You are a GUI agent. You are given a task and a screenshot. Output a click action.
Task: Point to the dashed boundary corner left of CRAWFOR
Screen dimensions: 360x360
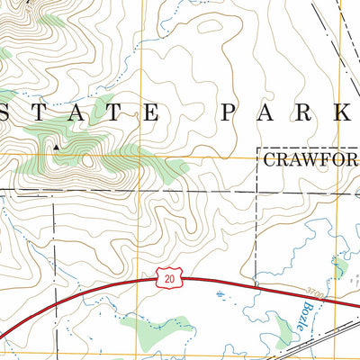coord(258,148)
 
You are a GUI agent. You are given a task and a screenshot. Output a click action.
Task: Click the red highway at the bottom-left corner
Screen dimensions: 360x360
coord(7,337)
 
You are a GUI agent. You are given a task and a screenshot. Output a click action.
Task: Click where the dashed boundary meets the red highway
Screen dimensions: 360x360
coord(256,285)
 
